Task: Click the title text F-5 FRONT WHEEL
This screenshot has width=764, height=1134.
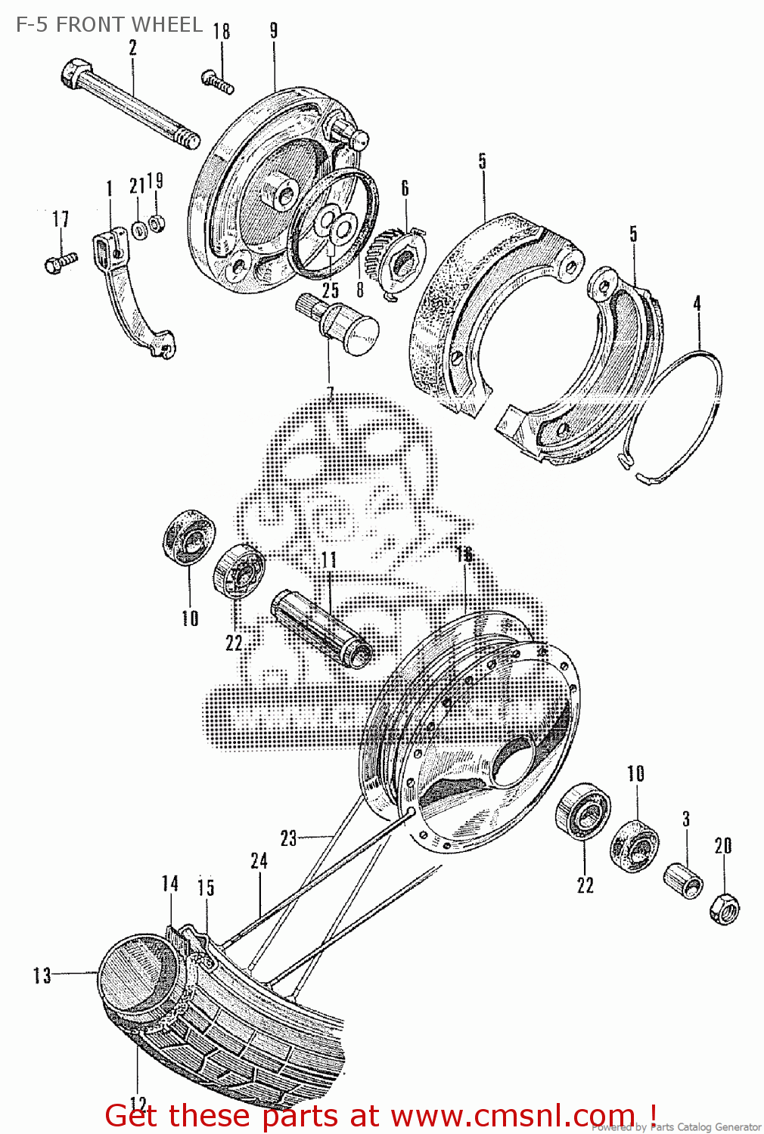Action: [x=109, y=24]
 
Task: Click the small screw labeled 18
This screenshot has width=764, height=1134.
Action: [x=217, y=81]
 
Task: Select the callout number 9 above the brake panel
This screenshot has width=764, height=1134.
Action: [x=274, y=31]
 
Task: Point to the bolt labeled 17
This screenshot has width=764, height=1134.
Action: [x=60, y=262]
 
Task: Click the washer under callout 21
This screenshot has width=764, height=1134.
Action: [x=139, y=229]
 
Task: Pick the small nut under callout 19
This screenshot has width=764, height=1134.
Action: [x=157, y=223]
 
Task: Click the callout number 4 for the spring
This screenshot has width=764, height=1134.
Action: [x=697, y=304]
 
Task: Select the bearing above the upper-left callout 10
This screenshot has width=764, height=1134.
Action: [x=188, y=537]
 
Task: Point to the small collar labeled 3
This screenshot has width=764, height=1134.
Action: [x=683, y=880]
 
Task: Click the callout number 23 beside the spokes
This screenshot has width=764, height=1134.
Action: [x=289, y=838]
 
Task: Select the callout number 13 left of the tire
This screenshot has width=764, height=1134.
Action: [x=42, y=975]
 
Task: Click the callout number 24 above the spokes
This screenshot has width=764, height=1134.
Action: [x=259, y=861]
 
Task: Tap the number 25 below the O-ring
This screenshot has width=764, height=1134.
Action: [x=331, y=290]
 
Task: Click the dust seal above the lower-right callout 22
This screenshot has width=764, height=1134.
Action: [x=583, y=811]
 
